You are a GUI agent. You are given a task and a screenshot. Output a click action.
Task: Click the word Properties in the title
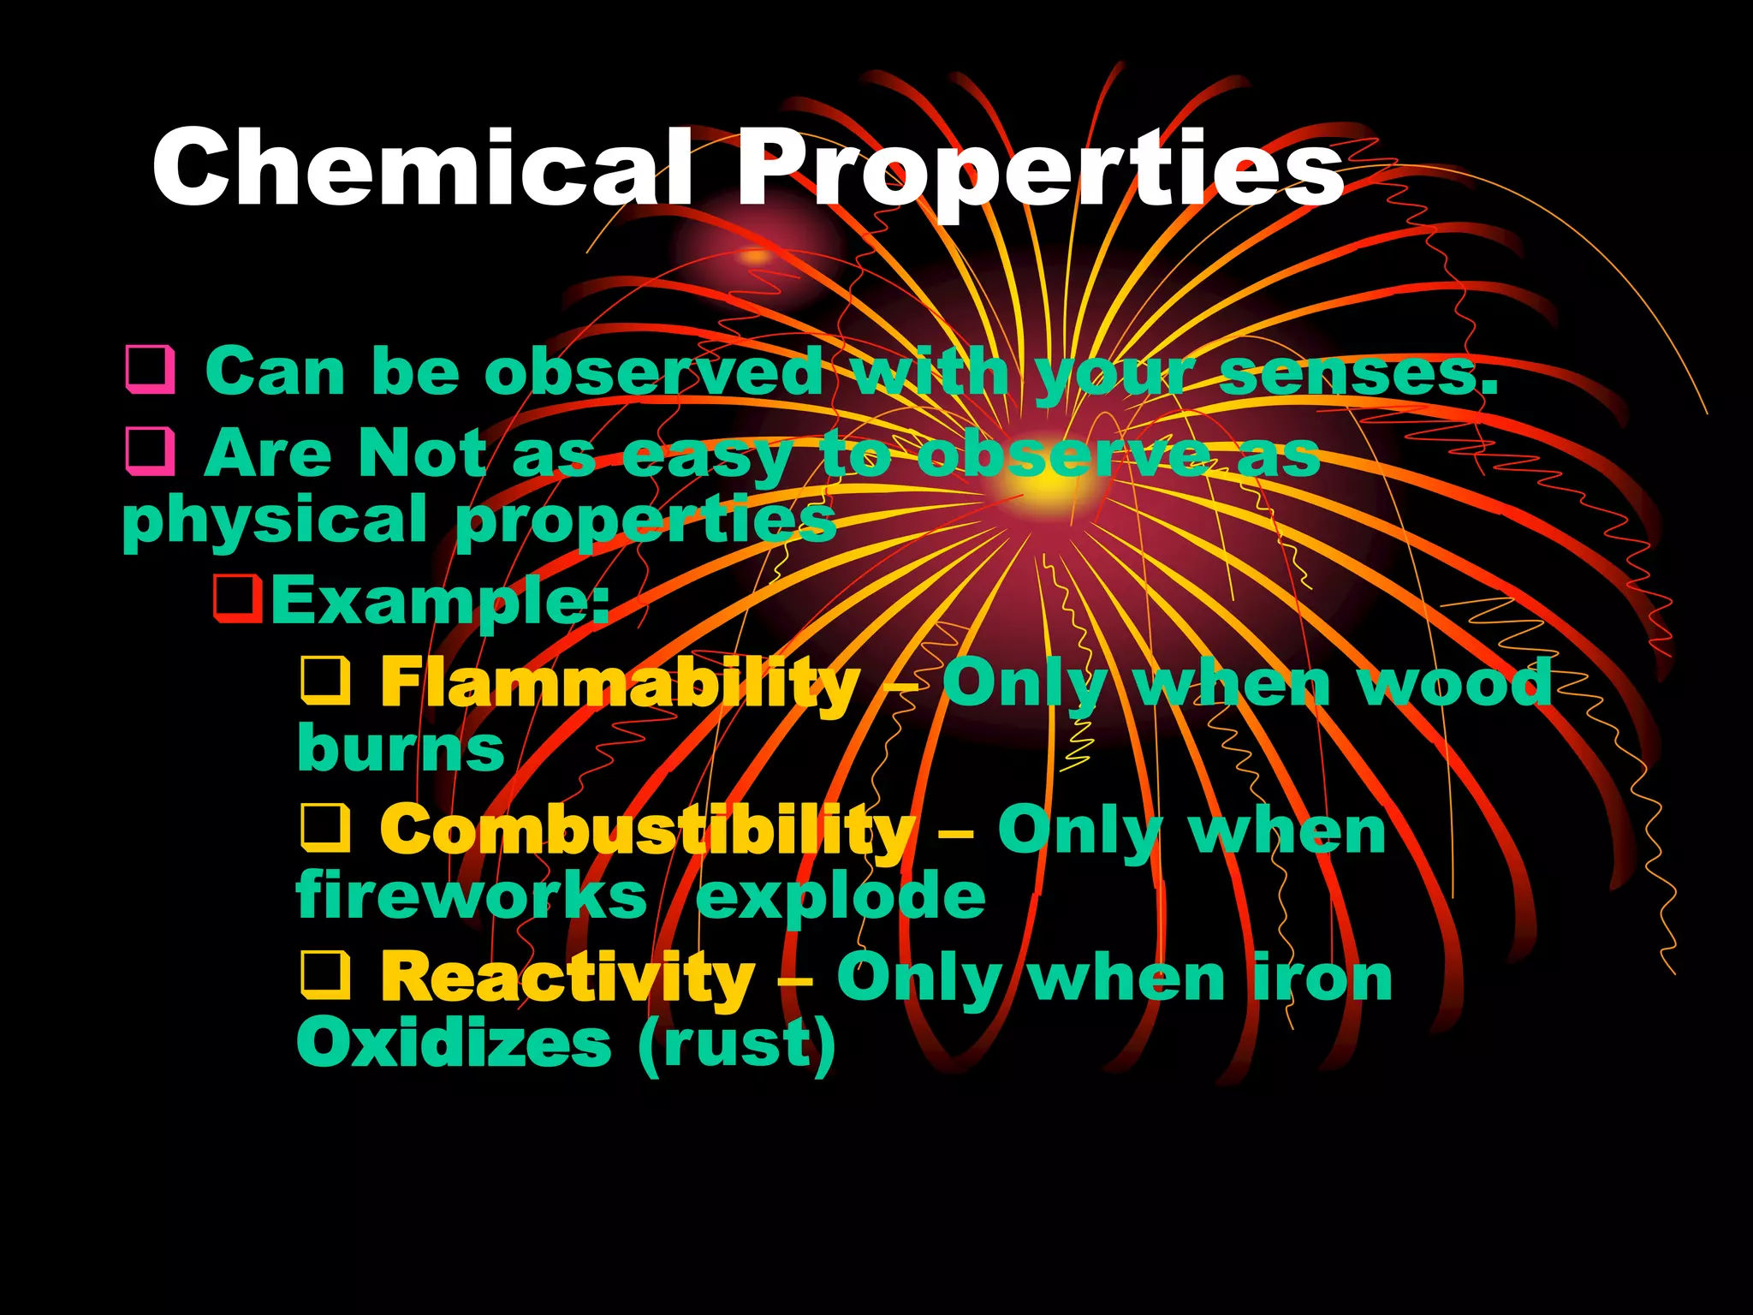tap(1039, 169)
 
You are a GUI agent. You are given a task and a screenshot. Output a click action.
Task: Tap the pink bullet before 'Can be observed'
tap(151, 370)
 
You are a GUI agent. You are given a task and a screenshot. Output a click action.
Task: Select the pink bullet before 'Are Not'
tap(151, 451)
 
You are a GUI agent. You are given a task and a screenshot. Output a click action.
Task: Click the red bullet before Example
tap(237, 598)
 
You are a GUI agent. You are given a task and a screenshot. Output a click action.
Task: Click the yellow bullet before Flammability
tap(325, 681)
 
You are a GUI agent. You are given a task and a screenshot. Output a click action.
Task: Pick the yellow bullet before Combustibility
tap(325, 829)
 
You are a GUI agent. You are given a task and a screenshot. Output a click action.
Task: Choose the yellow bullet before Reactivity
tap(325, 976)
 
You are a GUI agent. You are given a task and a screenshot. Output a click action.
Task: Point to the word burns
tap(401, 748)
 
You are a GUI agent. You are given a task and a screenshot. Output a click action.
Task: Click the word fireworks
tap(472, 896)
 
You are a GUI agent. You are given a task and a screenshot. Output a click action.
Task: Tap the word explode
tap(841, 897)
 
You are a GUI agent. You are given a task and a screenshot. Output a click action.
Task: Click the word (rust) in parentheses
tap(737, 1044)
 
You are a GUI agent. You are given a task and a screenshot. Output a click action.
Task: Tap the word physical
tap(275, 520)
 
